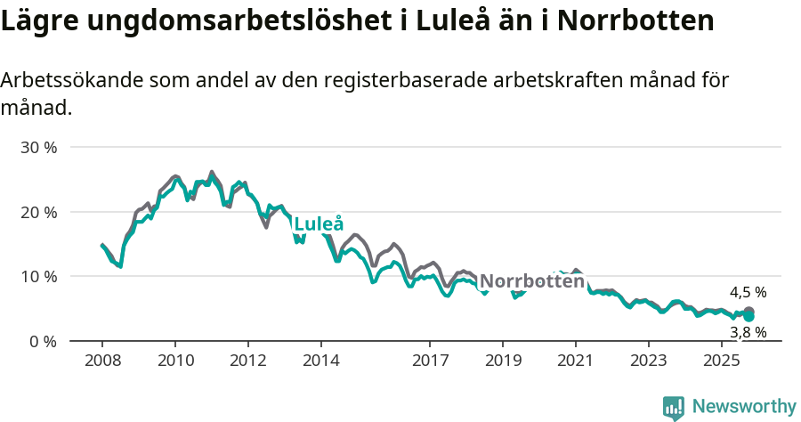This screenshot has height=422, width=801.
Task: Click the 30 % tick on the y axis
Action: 38,148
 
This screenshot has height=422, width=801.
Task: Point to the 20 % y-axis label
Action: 38,212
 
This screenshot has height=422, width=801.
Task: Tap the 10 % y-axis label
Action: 38,277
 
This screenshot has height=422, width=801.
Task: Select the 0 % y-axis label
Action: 43,342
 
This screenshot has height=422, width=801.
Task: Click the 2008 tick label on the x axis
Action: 102,361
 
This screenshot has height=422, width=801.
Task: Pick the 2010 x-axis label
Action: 175,361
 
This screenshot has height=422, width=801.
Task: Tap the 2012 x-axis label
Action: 248,361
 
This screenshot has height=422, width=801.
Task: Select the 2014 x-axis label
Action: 321,361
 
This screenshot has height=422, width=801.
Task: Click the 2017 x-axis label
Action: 430,361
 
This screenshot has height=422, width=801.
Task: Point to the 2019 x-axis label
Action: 503,361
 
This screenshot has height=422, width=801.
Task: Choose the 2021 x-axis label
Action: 576,361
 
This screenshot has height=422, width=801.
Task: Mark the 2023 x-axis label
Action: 649,361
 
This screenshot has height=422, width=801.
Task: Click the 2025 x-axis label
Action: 722,361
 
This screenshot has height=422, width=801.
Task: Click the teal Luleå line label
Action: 319,223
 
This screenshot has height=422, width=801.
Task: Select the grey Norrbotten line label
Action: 532,281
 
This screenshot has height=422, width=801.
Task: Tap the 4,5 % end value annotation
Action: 748,292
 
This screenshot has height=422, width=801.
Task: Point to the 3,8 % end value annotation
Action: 748,332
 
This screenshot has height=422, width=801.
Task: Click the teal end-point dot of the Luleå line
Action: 749,316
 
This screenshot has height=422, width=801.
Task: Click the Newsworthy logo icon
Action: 674,408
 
